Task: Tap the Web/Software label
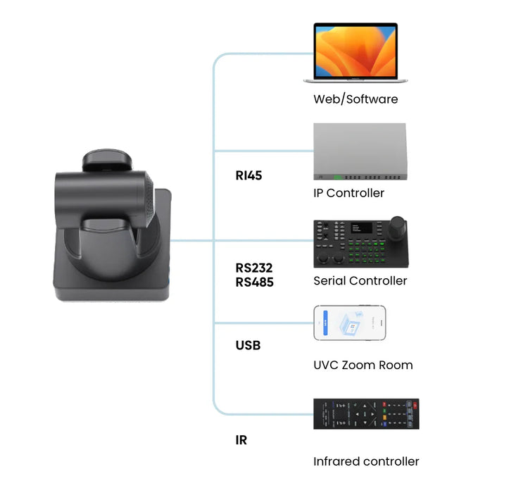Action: point(355,99)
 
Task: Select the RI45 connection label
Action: point(248,175)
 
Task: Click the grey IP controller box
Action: point(360,149)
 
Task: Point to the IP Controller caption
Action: point(349,193)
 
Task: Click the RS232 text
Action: point(254,268)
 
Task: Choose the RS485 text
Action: point(254,282)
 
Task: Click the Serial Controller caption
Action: point(360,280)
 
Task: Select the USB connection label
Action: point(248,346)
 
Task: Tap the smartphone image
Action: point(350,323)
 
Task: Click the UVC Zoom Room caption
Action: point(363,365)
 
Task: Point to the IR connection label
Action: point(241,440)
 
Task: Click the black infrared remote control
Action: point(365,414)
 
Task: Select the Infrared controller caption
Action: point(366,462)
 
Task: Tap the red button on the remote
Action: point(414,405)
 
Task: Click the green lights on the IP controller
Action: point(341,177)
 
